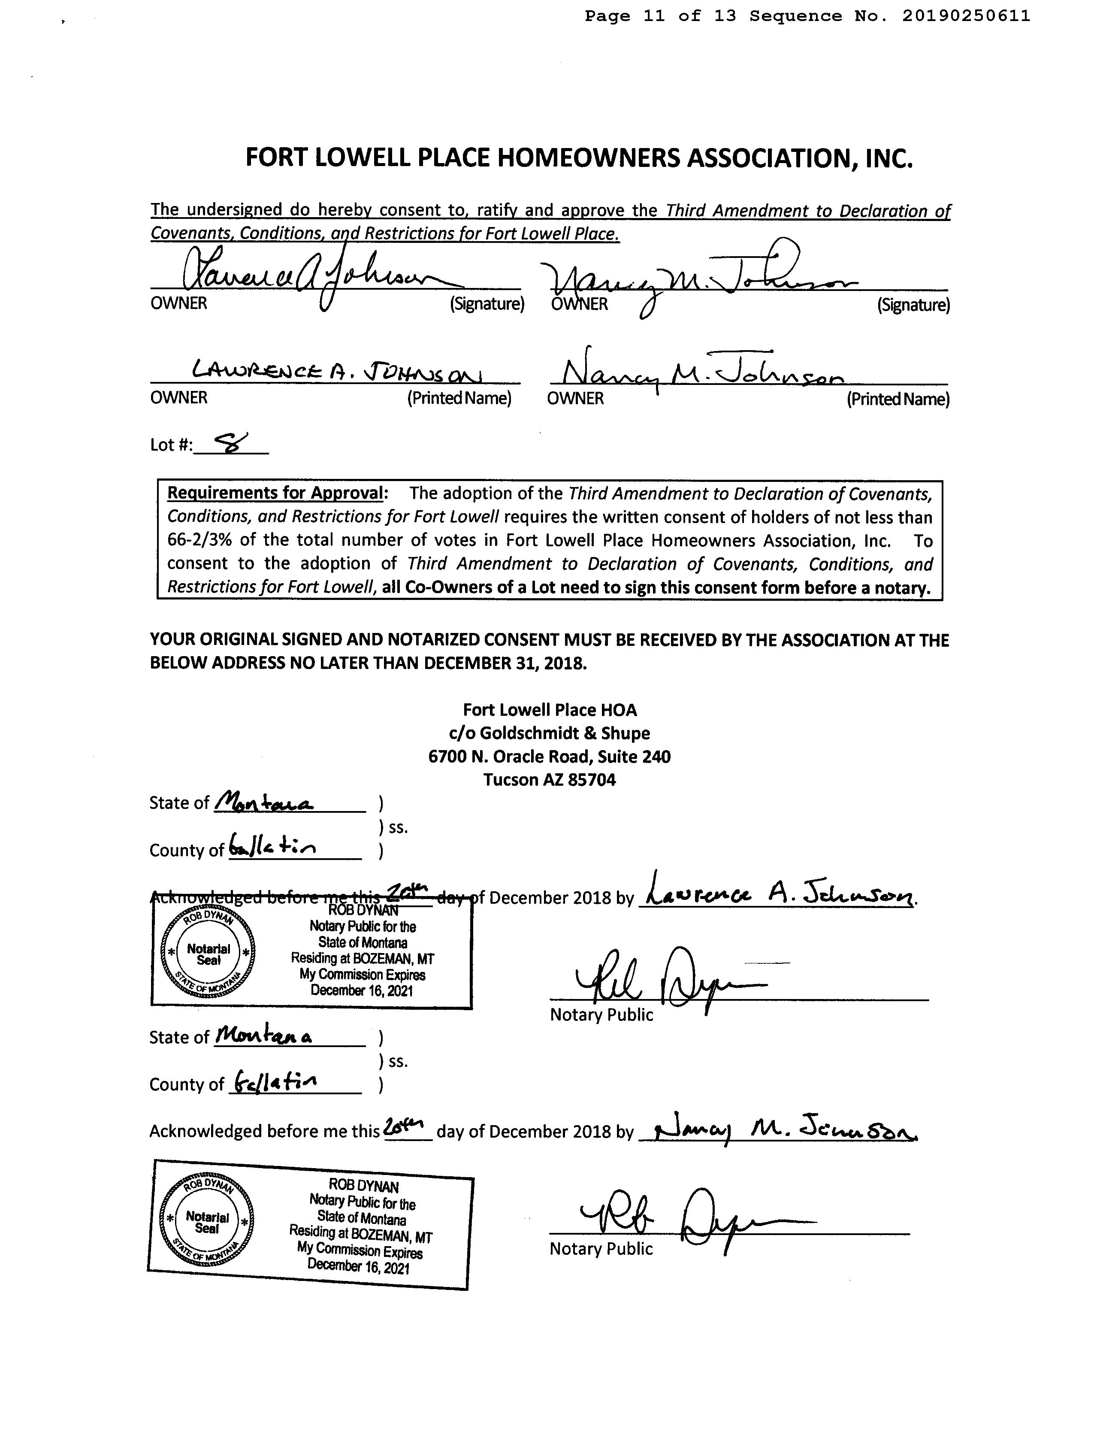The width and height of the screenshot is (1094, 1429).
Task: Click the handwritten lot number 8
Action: (x=231, y=442)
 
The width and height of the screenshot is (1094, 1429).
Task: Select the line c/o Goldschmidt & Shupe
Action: (x=549, y=733)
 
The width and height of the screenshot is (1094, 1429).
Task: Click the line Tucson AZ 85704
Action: (x=549, y=780)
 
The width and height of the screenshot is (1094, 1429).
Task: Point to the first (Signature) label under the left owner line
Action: (x=487, y=304)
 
